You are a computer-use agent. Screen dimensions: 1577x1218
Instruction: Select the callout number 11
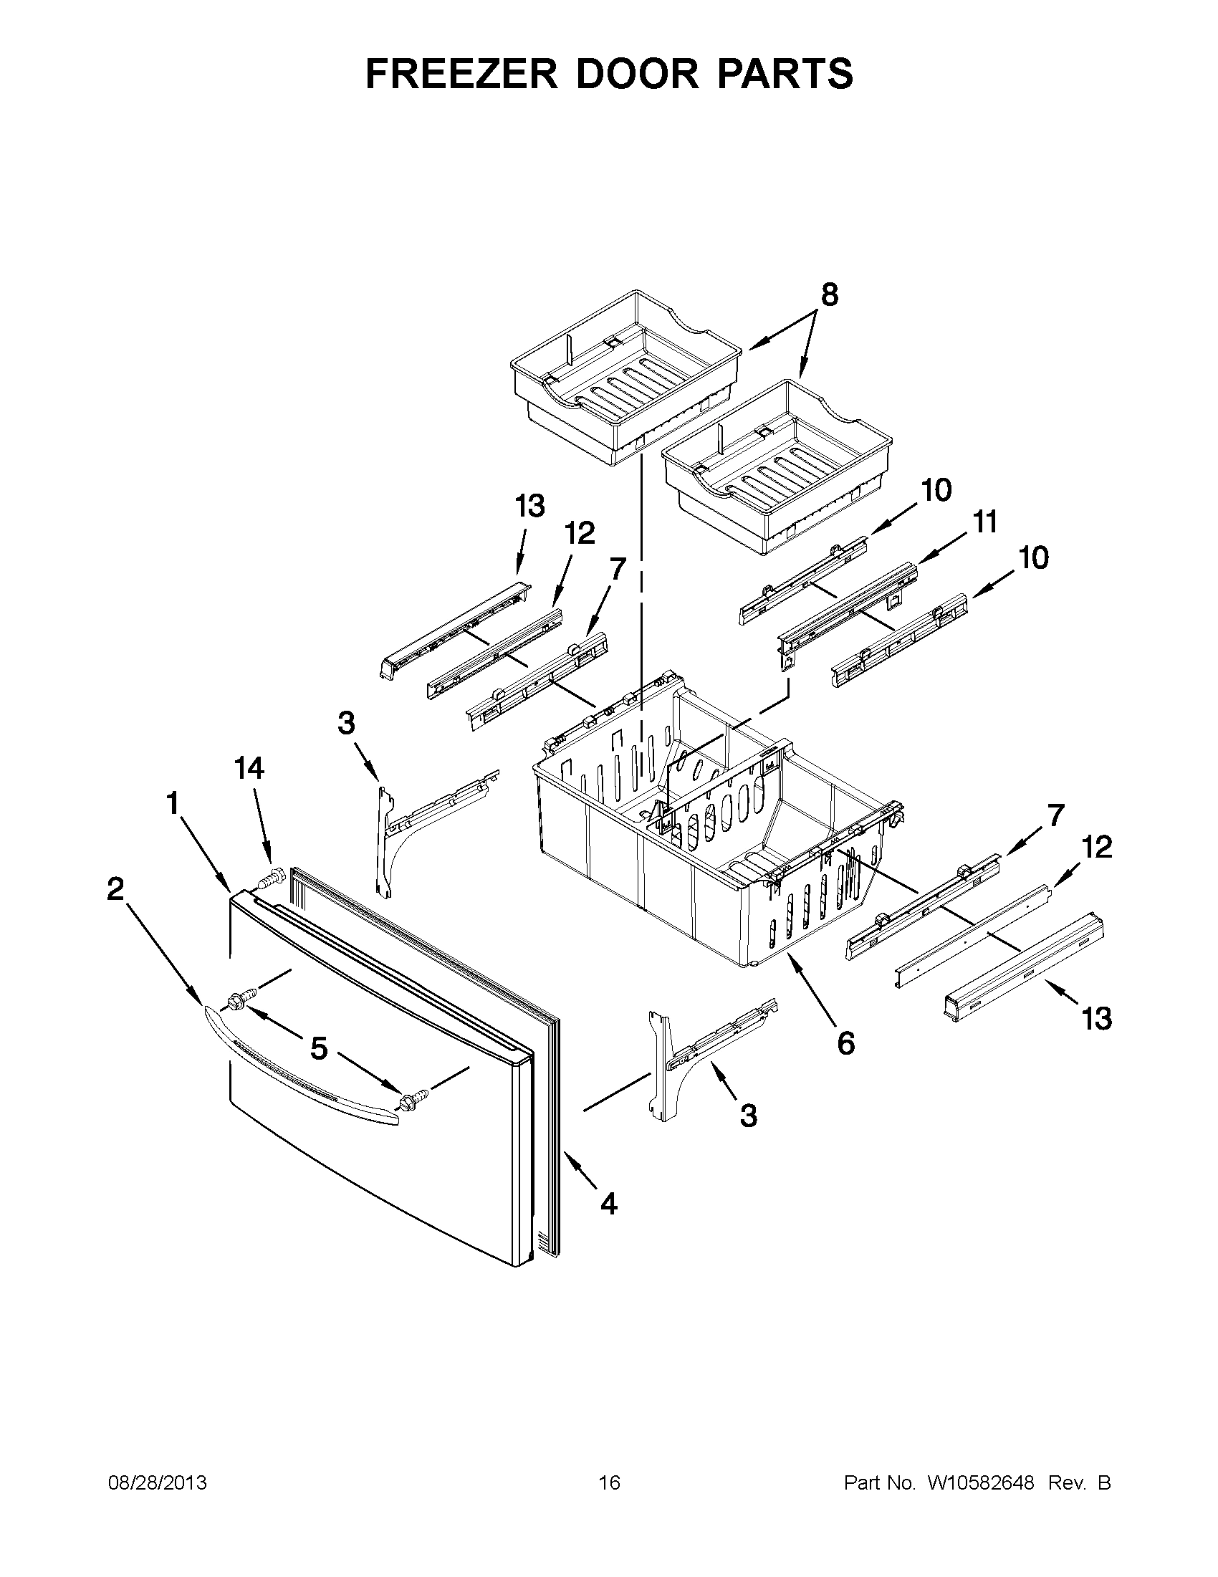(982, 522)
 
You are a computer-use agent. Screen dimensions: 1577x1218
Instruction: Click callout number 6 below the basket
(845, 1042)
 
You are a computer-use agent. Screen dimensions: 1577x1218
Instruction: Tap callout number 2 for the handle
(115, 890)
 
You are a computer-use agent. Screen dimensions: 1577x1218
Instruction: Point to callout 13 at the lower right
(1096, 1020)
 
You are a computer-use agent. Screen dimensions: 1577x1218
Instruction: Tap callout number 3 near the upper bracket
(346, 722)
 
